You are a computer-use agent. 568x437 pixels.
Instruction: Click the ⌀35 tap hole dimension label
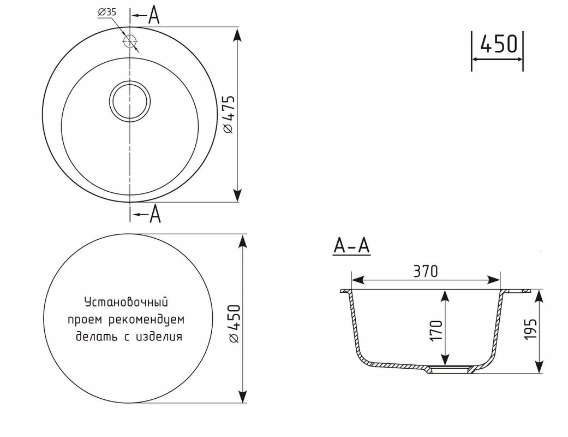pyautogui.click(x=107, y=12)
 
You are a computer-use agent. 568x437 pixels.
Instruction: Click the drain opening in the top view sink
pyautogui.click(x=130, y=101)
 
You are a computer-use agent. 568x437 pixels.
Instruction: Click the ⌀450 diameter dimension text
pyautogui.click(x=234, y=324)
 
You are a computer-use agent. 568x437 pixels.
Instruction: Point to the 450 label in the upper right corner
pyautogui.click(x=498, y=44)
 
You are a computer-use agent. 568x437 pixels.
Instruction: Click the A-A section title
pyautogui.click(x=351, y=246)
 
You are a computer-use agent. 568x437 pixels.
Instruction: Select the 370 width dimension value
pyautogui.click(x=426, y=271)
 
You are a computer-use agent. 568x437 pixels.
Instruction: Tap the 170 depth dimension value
pyautogui.click(x=436, y=330)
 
